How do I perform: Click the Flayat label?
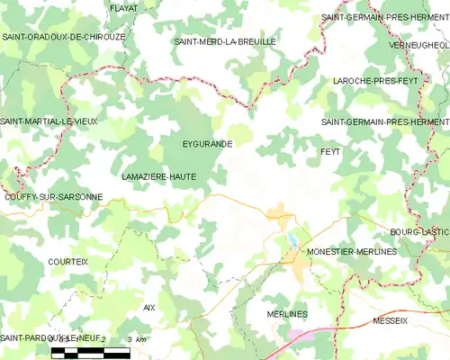tap(123, 7)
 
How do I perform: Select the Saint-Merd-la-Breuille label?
tap(225, 41)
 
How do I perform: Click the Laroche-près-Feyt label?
tap(374, 80)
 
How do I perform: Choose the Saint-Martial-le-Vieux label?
tap(48, 121)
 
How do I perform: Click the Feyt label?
tap(330, 152)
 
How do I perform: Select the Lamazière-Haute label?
tap(158, 177)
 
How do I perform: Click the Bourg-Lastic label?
tap(419, 231)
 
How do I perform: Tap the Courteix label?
tap(68, 261)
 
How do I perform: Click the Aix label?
tap(149, 307)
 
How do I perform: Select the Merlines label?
tap(287, 313)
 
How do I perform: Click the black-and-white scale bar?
tap(90, 350)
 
